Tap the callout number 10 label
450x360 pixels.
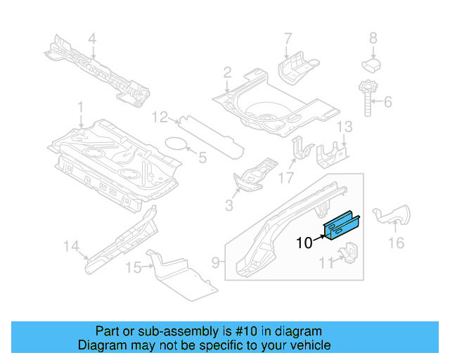pos(303,244)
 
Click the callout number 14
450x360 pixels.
pos(70,245)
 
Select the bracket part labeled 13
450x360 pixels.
pos(332,156)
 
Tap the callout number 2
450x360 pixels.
pos(227,72)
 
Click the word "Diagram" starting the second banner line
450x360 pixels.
pos(99,345)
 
